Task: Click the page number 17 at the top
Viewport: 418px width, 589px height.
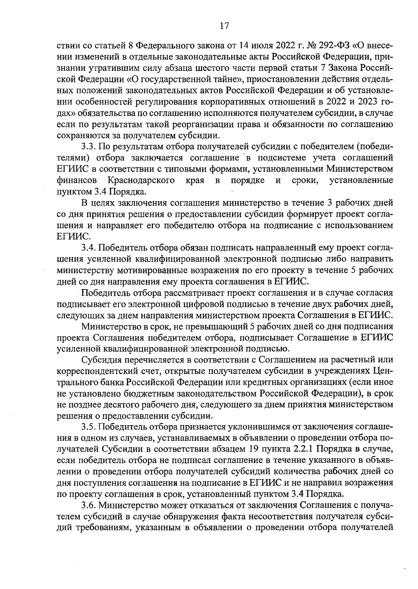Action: tap(224, 26)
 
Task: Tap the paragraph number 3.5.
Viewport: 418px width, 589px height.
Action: tap(88, 427)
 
